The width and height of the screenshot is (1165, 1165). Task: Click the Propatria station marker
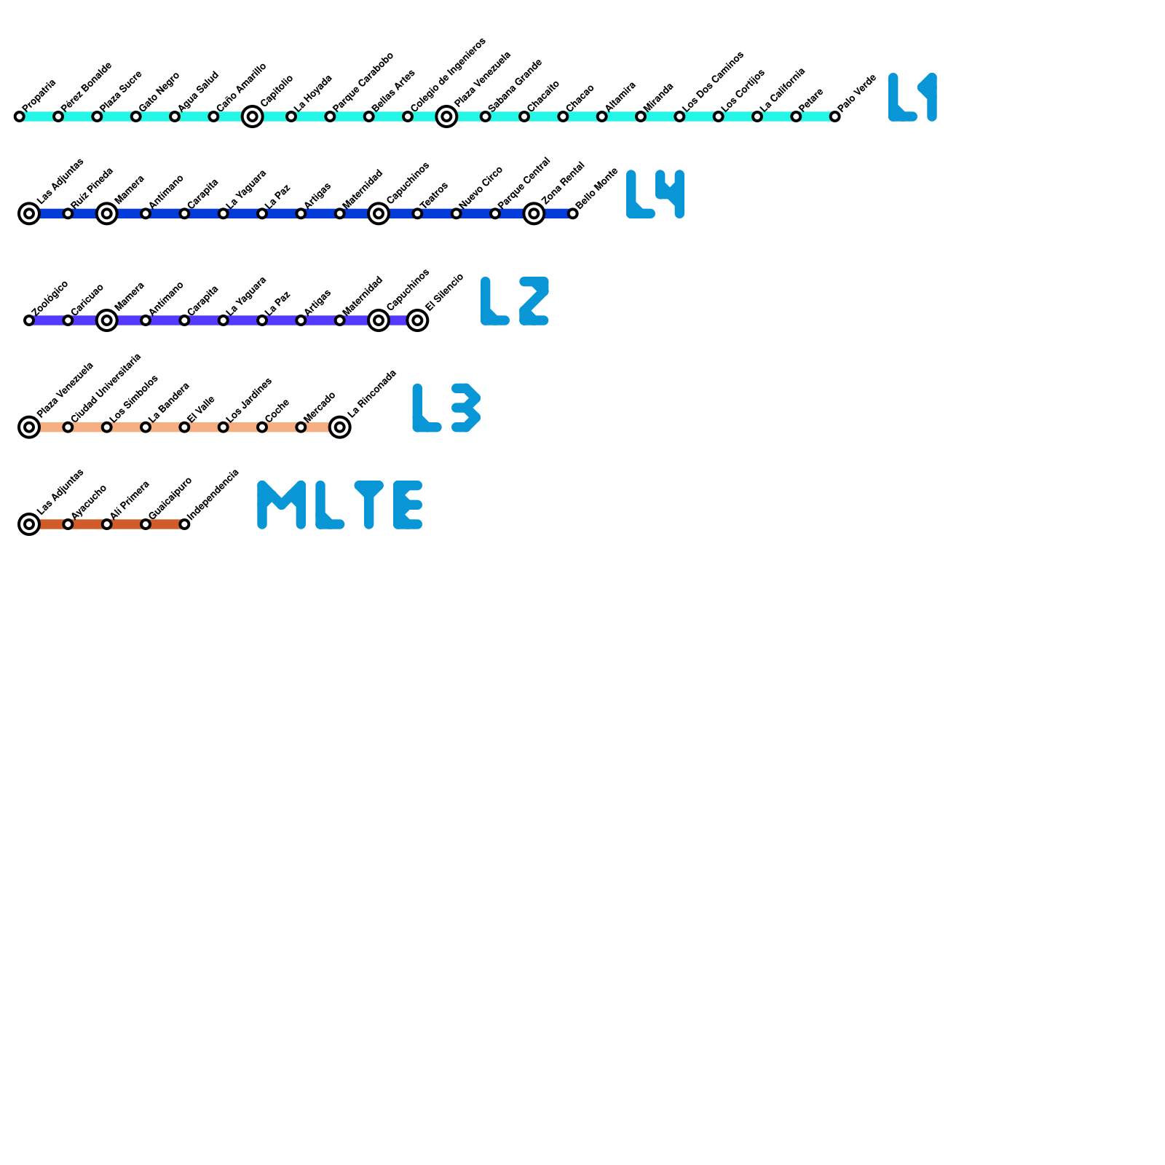pyautogui.click(x=19, y=116)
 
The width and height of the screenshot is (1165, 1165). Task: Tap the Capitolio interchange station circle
pyautogui.click(x=252, y=116)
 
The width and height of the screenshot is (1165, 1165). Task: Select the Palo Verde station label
pyautogui.click(x=857, y=93)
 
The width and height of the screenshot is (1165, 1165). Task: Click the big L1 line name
pyautogui.click(x=912, y=98)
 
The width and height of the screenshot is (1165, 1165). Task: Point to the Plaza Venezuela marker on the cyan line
pyautogui.click(x=446, y=116)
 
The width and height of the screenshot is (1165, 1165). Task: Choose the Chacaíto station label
pyautogui.click(x=543, y=96)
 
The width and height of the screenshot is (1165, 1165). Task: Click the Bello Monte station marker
pyautogui.click(x=573, y=213)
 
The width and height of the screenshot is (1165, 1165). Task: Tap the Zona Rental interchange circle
pyautogui.click(x=534, y=213)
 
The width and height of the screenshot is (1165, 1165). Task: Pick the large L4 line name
pyautogui.click(x=655, y=194)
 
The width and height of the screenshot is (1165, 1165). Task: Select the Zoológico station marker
pyautogui.click(x=29, y=320)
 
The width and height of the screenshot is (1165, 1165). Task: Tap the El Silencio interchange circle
pyautogui.click(x=417, y=320)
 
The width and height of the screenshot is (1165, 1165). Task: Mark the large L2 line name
pyautogui.click(x=515, y=301)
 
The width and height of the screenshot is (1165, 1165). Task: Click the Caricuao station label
pyautogui.click(x=87, y=299)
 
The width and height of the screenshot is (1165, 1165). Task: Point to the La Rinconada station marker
pyautogui.click(x=339, y=427)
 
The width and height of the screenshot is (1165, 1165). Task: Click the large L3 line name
pyautogui.click(x=446, y=408)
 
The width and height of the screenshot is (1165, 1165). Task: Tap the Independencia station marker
pyautogui.click(x=184, y=524)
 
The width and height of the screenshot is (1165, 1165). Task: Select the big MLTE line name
pyautogui.click(x=340, y=505)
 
